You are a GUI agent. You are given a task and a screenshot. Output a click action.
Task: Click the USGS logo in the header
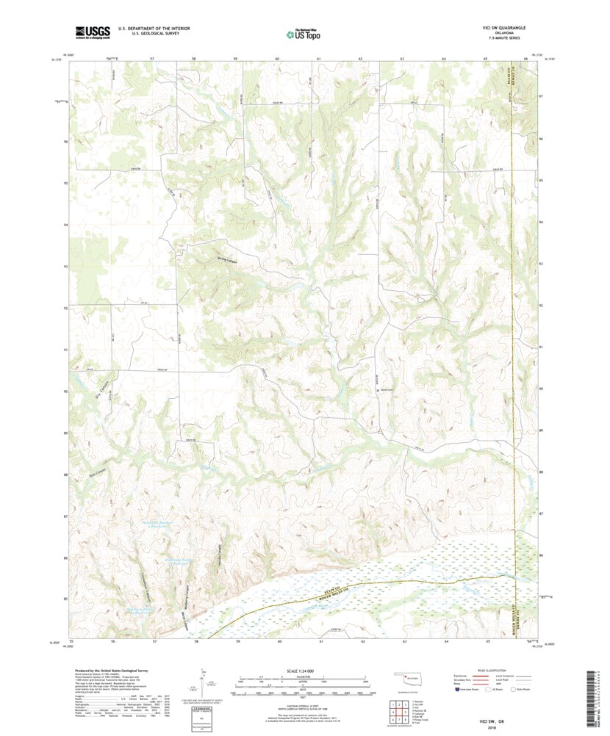[92, 32]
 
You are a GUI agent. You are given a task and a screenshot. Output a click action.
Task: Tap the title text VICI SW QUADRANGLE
[498, 27]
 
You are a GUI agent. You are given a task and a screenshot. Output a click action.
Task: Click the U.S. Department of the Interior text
[149, 28]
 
